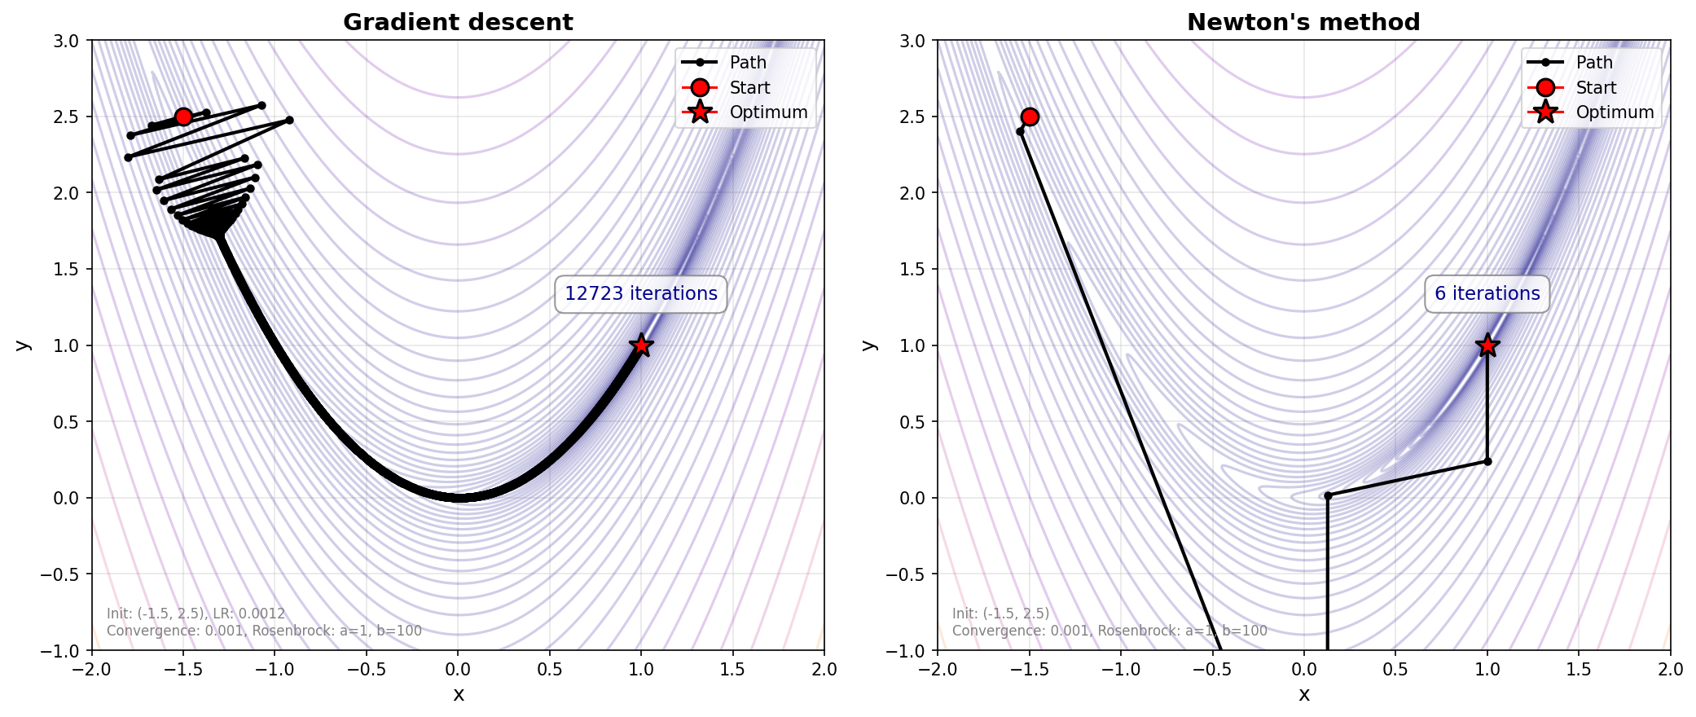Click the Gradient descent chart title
coord(458,22)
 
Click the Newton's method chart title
coord(1303,22)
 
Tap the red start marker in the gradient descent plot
coord(183,117)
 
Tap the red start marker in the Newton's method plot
coord(1030,117)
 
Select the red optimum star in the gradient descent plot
coord(641,345)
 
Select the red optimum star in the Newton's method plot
coord(1487,345)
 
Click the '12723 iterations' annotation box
coord(641,294)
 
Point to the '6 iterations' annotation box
coord(1487,294)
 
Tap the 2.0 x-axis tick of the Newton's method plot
coord(1670,670)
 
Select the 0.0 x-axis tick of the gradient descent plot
coord(458,670)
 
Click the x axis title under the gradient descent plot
coord(459,695)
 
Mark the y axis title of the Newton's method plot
coord(870,345)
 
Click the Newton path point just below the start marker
coord(1020,131)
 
